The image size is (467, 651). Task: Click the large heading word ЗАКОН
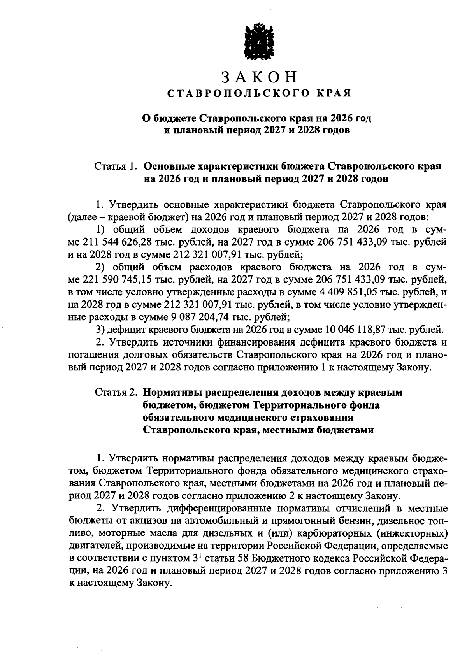click(x=259, y=77)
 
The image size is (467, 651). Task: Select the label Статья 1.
click(x=116, y=167)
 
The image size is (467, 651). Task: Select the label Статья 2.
click(x=116, y=393)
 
